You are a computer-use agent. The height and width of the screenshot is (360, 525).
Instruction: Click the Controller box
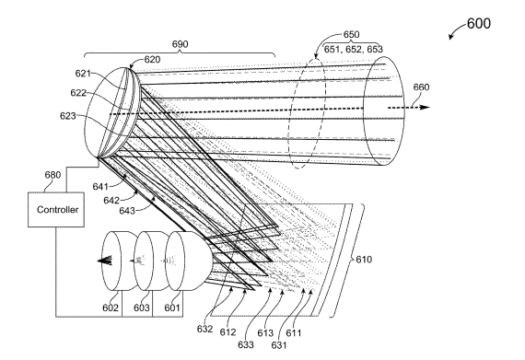[56, 210]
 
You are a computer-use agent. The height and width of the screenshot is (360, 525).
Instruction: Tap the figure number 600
[479, 23]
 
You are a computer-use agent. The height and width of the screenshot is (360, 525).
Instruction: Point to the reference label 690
[181, 44]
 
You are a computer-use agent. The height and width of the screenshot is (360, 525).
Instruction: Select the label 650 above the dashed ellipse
[352, 34]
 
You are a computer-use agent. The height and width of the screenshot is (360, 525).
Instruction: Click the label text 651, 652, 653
[354, 49]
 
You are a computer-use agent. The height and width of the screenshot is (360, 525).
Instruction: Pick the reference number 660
[421, 87]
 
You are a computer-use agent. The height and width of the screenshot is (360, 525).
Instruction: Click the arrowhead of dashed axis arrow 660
[425, 108]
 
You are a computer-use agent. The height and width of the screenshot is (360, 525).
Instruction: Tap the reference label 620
[152, 60]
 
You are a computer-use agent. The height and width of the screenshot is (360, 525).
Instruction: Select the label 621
[83, 74]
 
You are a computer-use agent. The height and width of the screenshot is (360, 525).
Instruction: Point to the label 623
[68, 116]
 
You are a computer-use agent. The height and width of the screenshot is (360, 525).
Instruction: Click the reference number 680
[52, 175]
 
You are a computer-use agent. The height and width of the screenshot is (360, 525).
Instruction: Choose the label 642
[111, 200]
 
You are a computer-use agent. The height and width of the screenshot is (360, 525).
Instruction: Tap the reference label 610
[364, 260]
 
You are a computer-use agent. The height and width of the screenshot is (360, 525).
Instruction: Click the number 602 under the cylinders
[111, 308]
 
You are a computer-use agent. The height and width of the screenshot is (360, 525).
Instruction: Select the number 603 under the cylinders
[142, 308]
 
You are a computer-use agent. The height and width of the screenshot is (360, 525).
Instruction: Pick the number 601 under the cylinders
[172, 308]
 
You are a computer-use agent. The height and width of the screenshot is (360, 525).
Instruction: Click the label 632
[204, 329]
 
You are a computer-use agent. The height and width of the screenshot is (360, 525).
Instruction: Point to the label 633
[246, 344]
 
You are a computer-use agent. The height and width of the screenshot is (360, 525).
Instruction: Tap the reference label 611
[294, 333]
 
